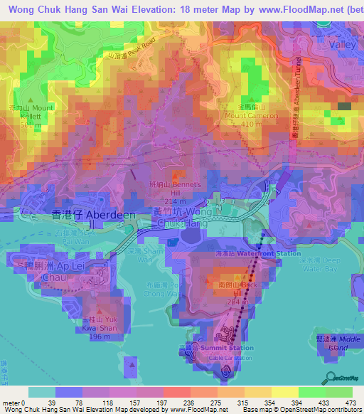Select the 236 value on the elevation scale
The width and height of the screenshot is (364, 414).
176,403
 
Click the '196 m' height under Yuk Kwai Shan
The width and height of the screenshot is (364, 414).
102,336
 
